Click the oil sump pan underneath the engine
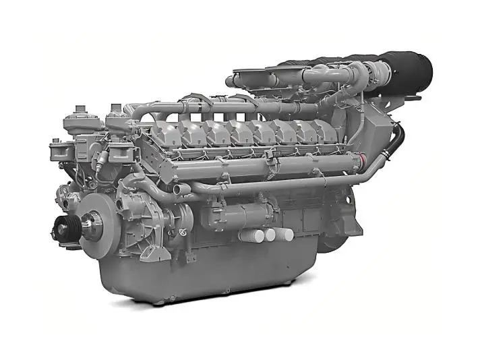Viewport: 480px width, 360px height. click(x=202, y=276)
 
